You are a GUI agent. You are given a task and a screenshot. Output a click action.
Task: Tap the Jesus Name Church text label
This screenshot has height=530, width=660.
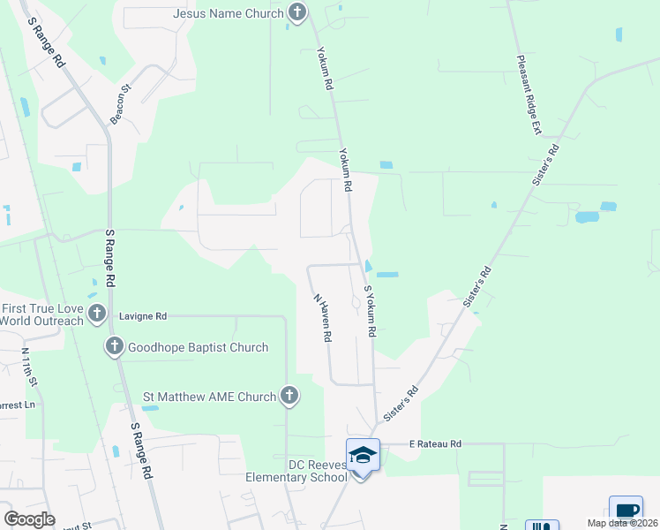click(228, 13)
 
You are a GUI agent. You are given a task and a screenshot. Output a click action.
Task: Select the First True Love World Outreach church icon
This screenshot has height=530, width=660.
click(97, 314)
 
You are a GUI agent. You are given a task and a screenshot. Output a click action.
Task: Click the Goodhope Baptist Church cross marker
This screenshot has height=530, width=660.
click(115, 347)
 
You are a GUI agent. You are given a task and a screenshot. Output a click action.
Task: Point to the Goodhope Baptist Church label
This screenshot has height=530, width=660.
click(198, 347)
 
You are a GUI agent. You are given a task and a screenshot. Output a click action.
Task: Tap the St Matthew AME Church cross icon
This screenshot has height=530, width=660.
click(289, 397)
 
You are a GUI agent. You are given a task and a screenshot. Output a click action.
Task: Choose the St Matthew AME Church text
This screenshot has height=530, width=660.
click(210, 397)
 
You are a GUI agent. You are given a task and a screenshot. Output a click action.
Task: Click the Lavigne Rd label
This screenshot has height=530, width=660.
click(142, 315)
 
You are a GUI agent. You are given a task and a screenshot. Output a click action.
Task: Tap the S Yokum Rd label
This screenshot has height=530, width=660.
click(371, 310)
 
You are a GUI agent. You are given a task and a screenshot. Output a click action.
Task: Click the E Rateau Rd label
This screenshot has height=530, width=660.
click(435, 443)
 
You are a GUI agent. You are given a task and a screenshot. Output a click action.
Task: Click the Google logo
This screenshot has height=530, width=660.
click(30, 519)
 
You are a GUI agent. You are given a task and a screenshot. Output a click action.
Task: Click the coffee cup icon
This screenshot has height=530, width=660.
click(626, 511)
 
